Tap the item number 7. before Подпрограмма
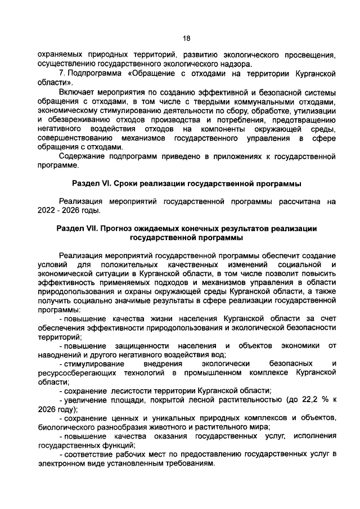(x=63, y=74)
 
